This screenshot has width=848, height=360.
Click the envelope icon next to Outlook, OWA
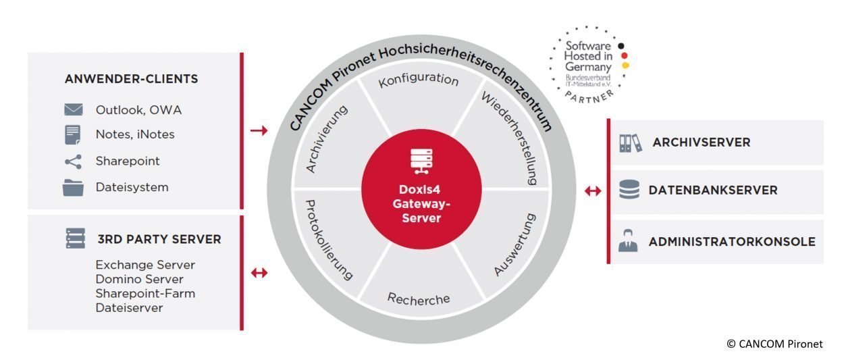coord(73,109)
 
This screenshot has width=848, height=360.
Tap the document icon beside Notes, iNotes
coord(73,134)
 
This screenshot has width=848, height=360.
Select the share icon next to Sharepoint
coord(73,161)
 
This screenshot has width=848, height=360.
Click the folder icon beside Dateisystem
coord(73,187)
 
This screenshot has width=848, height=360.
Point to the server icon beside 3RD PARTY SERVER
coord(75,238)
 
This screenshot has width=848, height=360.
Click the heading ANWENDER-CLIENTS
coord(132,79)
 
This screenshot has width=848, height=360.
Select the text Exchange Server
coord(145,265)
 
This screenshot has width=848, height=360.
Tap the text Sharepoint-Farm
coord(145,293)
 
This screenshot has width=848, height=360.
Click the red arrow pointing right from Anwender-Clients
coord(259,130)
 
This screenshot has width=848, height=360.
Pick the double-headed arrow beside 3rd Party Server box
coord(259,273)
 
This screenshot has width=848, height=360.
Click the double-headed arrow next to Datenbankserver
coord(593,191)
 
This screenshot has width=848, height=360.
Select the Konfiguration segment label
coord(419,80)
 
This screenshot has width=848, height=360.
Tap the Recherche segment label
coord(419,299)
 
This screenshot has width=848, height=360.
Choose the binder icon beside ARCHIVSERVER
coord(630,143)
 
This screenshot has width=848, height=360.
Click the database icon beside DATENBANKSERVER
coord(629,190)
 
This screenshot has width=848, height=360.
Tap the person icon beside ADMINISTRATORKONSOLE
coord(628,241)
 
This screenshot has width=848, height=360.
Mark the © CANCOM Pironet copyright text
coord(774,344)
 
